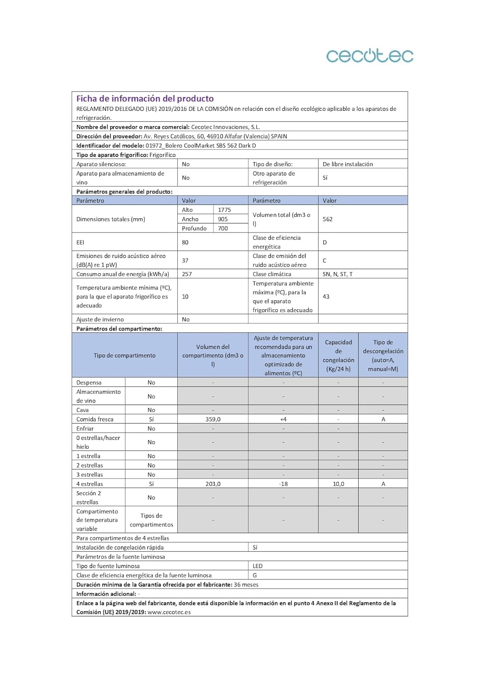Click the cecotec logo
(x=370, y=56)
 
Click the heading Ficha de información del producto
(x=145, y=99)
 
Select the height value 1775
(x=224, y=210)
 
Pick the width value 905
(x=223, y=219)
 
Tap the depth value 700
(x=223, y=229)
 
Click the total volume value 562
(x=328, y=219)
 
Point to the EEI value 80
(x=185, y=242)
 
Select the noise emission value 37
(x=185, y=261)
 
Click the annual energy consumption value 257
(x=187, y=274)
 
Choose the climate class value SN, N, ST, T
(x=337, y=274)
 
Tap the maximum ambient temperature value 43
(x=326, y=297)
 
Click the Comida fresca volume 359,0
(x=213, y=420)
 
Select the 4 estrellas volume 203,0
(x=213, y=484)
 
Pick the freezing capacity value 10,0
(x=338, y=484)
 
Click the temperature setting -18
(x=283, y=484)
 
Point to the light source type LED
(x=257, y=566)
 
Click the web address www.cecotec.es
(x=169, y=612)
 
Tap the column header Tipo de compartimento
(x=124, y=356)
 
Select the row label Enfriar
(x=85, y=429)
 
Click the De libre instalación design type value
(x=348, y=164)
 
